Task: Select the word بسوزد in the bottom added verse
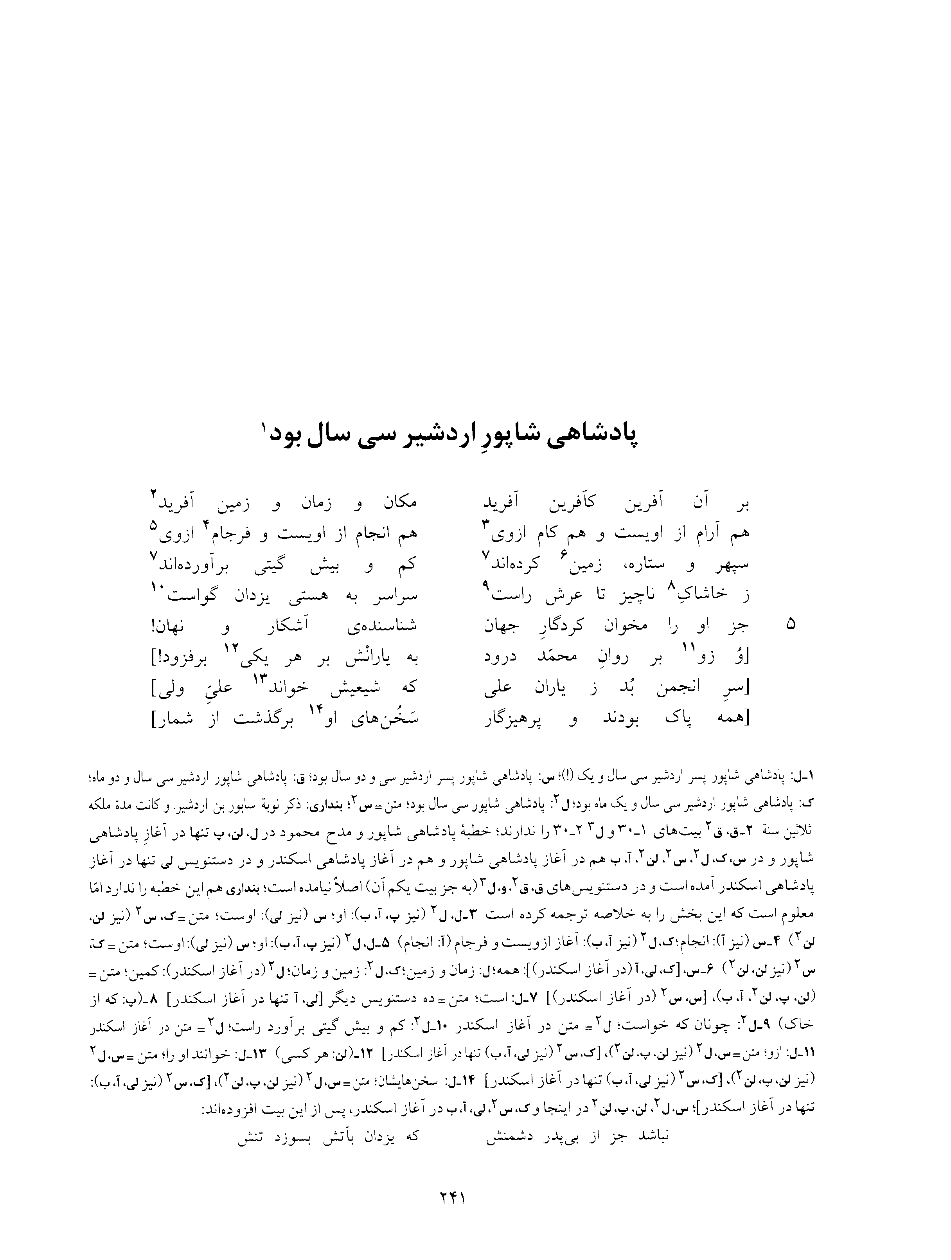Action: [x=308, y=1120]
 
